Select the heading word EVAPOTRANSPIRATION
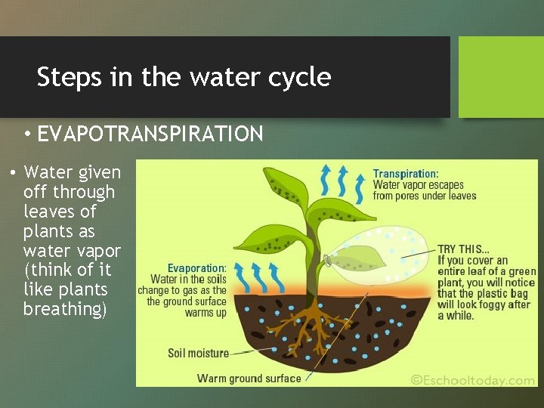click(x=150, y=134)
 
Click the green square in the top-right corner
click(x=501, y=77)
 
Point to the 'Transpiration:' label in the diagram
click(x=405, y=174)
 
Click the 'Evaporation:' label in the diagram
click(x=196, y=268)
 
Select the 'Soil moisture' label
click(x=198, y=353)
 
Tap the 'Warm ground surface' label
click(x=249, y=378)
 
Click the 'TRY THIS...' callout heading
click(x=463, y=249)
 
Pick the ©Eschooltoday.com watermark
click(x=472, y=380)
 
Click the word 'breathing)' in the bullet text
click(x=65, y=310)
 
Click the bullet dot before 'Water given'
click(x=13, y=173)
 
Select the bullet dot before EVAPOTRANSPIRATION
click(x=26, y=135)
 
